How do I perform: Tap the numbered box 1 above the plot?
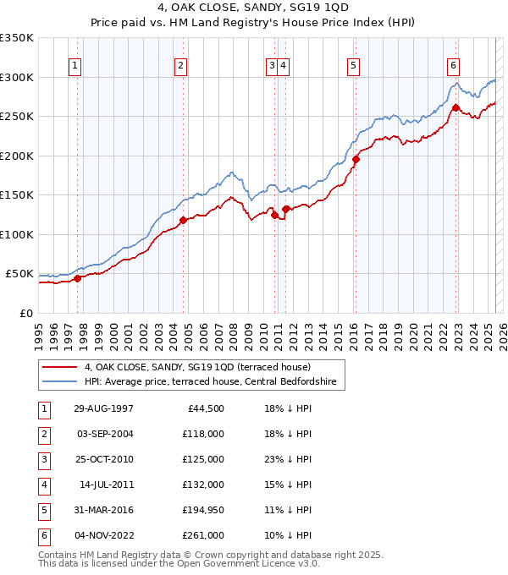[76, 66]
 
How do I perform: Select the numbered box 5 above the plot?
[352, 66]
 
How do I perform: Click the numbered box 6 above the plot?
[454, 66]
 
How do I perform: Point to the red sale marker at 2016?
[356, 159]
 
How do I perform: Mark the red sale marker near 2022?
[456, 107]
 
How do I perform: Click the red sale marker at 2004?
[183, 220]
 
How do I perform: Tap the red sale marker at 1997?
[77, 277]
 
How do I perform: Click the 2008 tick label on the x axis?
[233, 331]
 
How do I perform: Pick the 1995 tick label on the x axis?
[39, 331]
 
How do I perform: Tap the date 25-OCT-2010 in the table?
[102, 459]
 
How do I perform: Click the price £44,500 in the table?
[205, 408]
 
